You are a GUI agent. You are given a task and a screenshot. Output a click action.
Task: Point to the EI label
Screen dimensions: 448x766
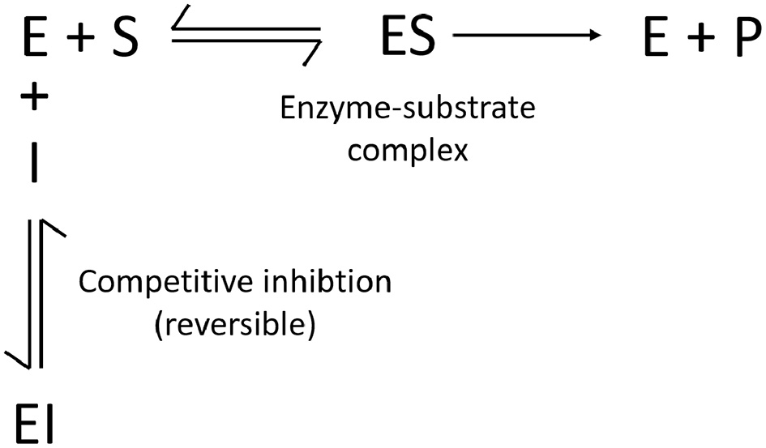point(32,422)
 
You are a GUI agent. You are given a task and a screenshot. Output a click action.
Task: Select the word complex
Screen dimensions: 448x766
point(408,150)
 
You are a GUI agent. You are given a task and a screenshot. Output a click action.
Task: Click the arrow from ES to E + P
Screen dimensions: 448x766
point(527,36)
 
